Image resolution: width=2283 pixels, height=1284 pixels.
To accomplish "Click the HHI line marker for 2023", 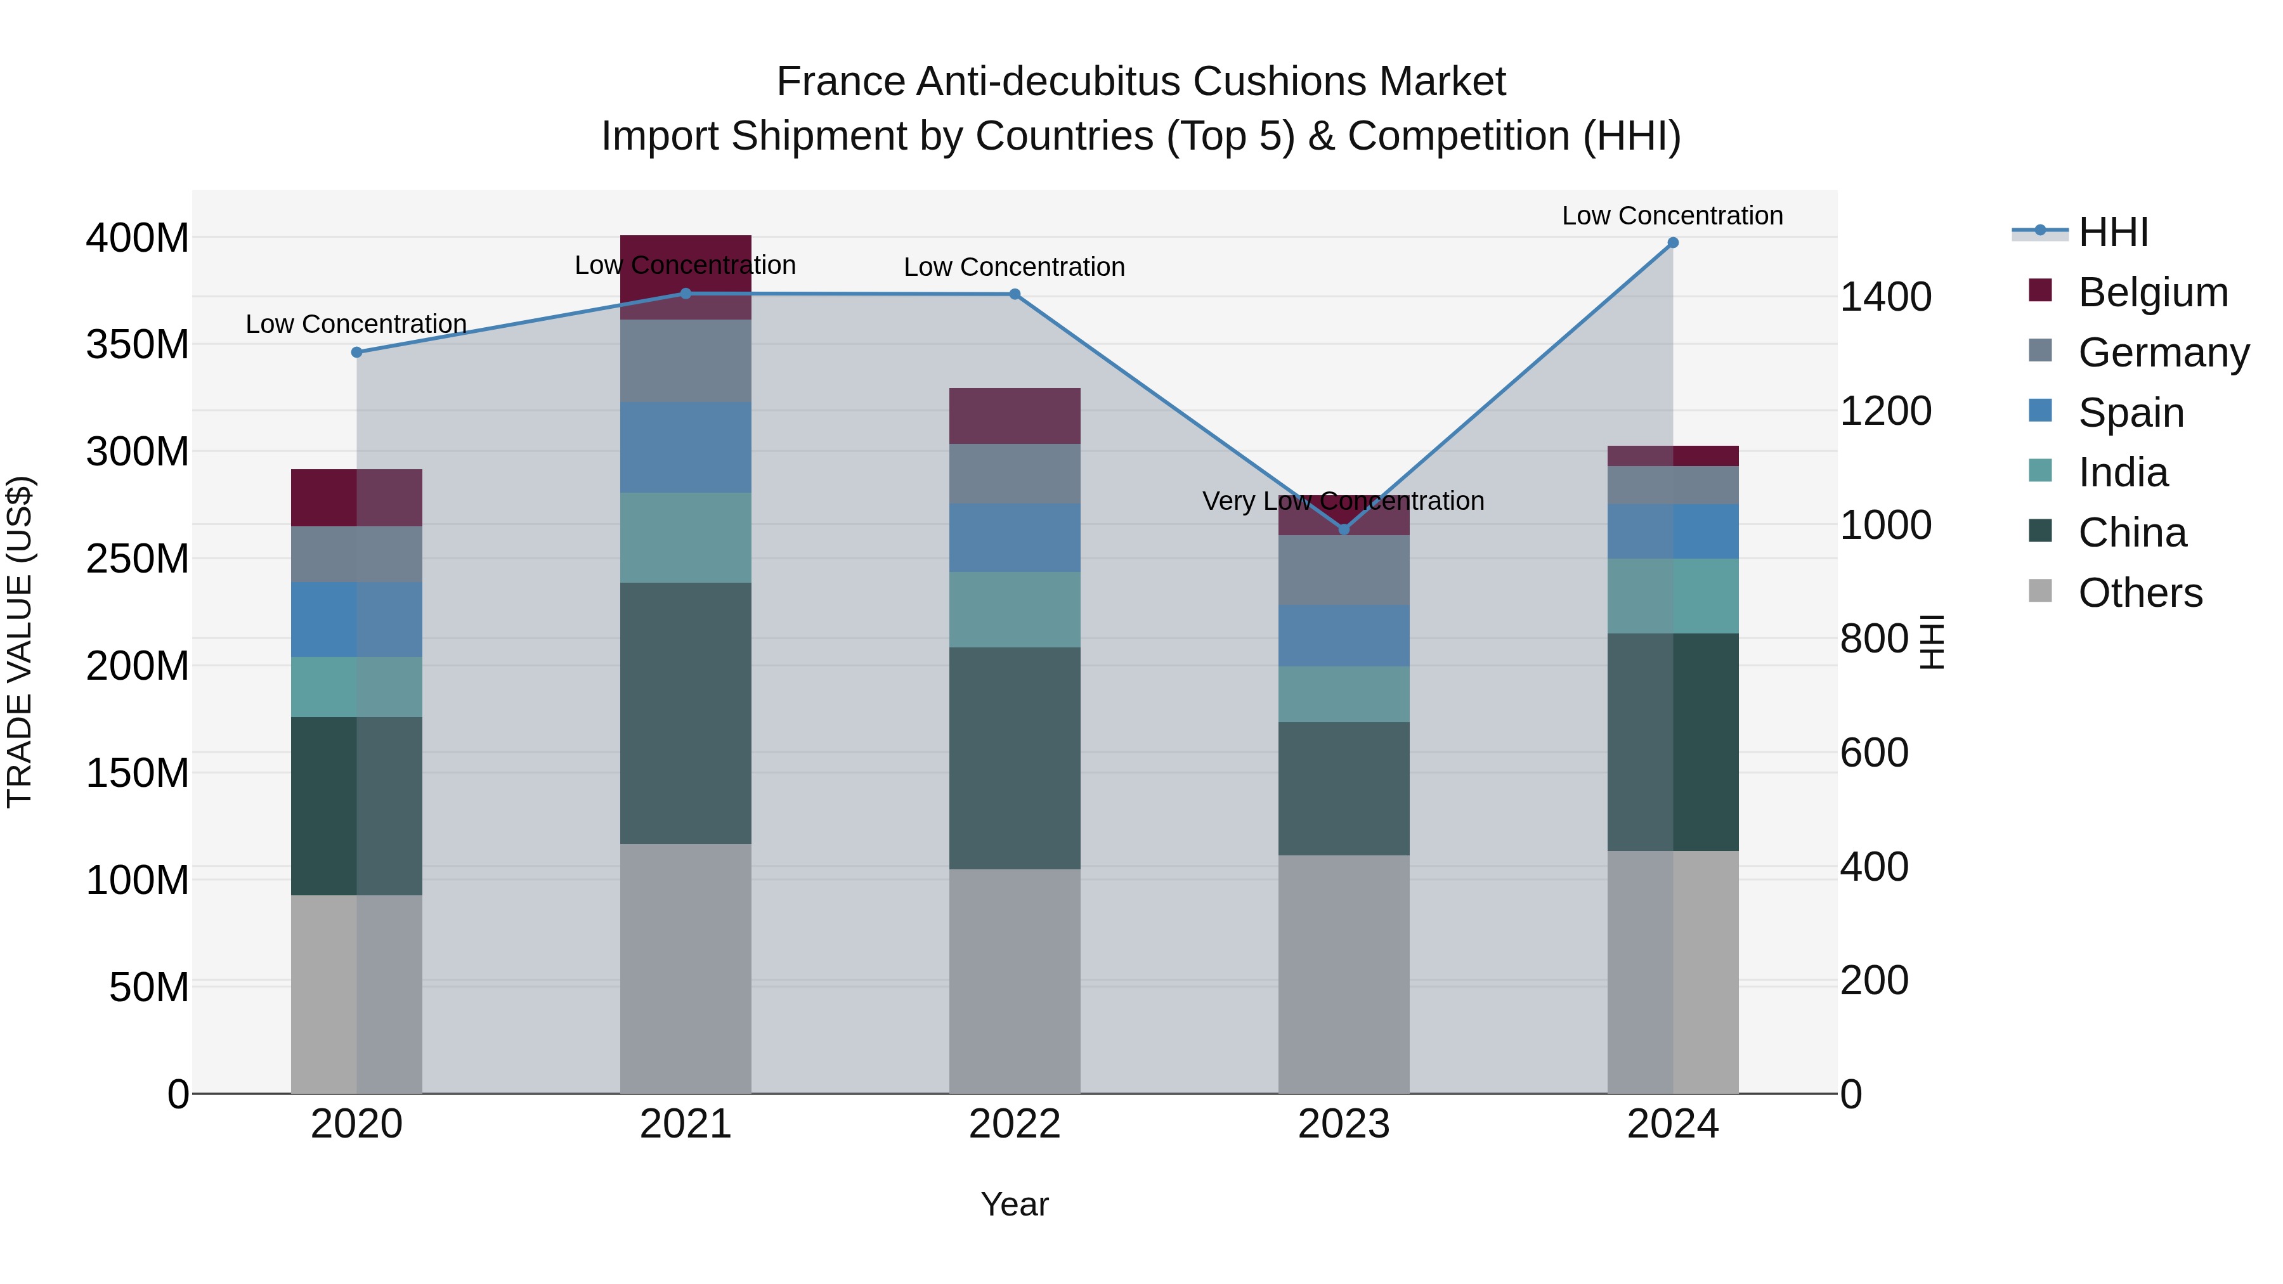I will coord(1344,529).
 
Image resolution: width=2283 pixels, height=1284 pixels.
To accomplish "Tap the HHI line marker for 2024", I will coord(1672,243).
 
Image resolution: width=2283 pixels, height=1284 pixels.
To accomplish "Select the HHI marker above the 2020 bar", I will coord(356,352).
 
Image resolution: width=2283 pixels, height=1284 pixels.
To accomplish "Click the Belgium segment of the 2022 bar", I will coord(1015,415).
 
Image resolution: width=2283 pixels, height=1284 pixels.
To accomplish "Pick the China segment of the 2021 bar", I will coord(685,713).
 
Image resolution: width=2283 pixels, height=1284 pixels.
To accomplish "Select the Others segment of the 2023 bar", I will coord(1344,974).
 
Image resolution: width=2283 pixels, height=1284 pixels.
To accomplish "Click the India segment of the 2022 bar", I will coord(1015,609).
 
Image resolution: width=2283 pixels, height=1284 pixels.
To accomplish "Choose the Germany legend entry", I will coord(2163,353).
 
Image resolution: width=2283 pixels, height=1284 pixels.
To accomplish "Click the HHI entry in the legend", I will coord(2113,232).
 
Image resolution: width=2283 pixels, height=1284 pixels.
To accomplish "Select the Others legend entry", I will coord(2140,593).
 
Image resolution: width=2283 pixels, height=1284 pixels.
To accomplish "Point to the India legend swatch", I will coord(2040,470).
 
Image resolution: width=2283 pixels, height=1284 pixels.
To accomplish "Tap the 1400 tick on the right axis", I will coord(1885,297).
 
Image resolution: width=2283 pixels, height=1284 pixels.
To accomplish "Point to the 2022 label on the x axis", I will coord(1015,1124).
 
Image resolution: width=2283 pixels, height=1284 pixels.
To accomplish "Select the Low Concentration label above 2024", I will coord(1672,216).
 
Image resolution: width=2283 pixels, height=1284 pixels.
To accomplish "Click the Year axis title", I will coord(1015,1204).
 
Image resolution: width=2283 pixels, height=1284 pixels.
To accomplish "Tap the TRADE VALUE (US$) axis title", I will coord(20,642).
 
